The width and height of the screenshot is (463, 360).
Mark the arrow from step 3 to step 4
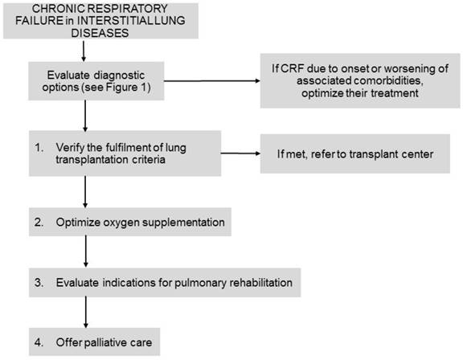(x=84, y=313)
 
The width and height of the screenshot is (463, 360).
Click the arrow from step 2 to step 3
(x=84, y=252)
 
